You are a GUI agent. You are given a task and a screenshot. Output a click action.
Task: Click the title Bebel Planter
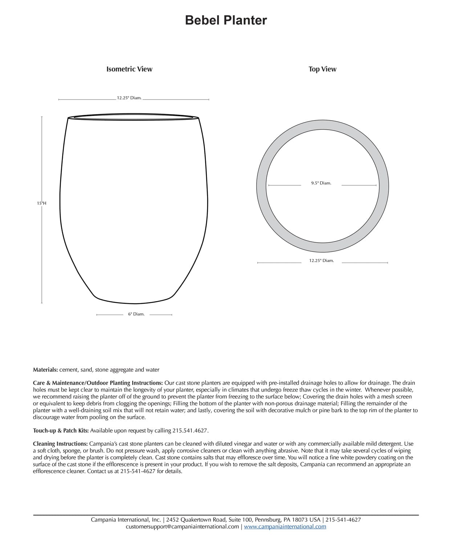(x=226, y=20)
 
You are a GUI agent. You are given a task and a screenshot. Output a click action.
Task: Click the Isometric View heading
(x=129, y=69)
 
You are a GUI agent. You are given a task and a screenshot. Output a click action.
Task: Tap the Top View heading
(x=322, y=69)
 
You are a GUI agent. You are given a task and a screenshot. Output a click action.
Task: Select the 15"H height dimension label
(x=41, y=203)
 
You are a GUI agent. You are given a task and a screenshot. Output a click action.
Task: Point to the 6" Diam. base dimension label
(x=136, y=314)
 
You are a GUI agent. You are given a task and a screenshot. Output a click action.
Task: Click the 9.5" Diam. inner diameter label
(x=321, y=183)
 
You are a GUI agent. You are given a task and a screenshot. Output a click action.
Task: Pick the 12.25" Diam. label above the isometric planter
(x=129, y=98)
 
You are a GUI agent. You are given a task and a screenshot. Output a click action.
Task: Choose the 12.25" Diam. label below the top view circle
(x=321, y=261)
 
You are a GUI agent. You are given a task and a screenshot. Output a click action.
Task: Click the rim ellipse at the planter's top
(x=134, y=117)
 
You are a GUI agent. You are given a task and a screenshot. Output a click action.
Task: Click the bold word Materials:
(x=45, y=370)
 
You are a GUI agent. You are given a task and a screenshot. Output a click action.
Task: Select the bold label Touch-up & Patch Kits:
(x=61, y=431)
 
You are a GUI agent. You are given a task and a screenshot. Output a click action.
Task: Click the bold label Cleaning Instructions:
(x=60, y=444)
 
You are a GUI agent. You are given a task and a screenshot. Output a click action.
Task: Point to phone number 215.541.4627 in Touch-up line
(x=190, y=431)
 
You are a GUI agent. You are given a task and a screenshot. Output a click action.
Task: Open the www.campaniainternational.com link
(x=285, y=526)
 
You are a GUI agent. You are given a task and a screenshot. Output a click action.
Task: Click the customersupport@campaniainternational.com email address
(x=182, y=526)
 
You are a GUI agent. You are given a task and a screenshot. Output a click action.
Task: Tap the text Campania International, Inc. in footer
(x=126, y=520)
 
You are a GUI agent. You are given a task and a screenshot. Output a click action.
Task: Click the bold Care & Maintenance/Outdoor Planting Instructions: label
(x=98, y=383)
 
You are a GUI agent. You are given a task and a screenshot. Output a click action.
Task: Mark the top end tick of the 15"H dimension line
(x=42, y=117)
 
